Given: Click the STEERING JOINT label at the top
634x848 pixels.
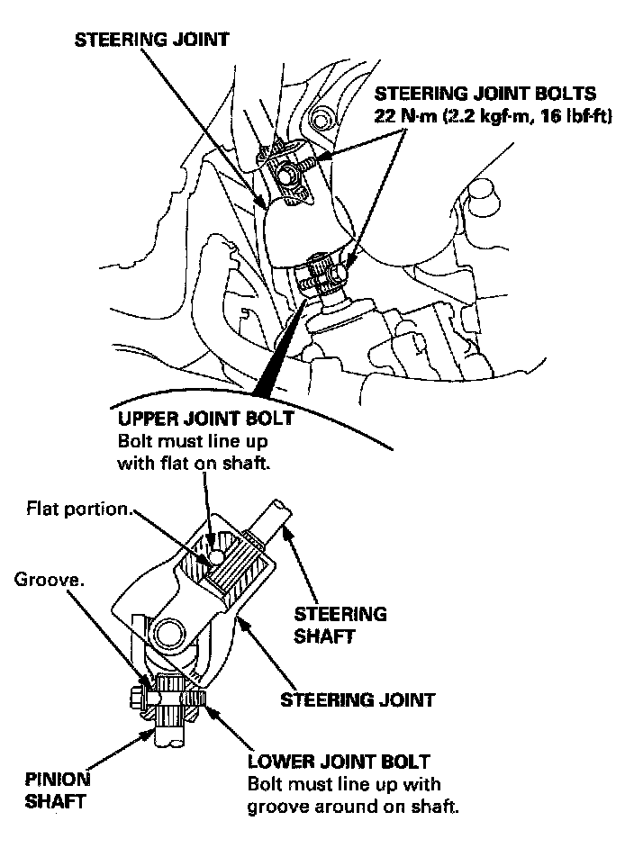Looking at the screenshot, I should tap(151, 41).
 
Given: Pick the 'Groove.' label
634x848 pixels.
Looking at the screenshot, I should tap(49, 581).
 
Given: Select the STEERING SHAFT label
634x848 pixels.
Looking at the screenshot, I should tap(340, 625).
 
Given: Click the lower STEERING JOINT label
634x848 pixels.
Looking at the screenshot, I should tap(358, 699).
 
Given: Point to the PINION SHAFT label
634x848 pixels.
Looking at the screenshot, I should tap(58, 791).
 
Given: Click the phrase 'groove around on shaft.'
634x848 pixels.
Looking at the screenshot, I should tap(353, 806).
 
